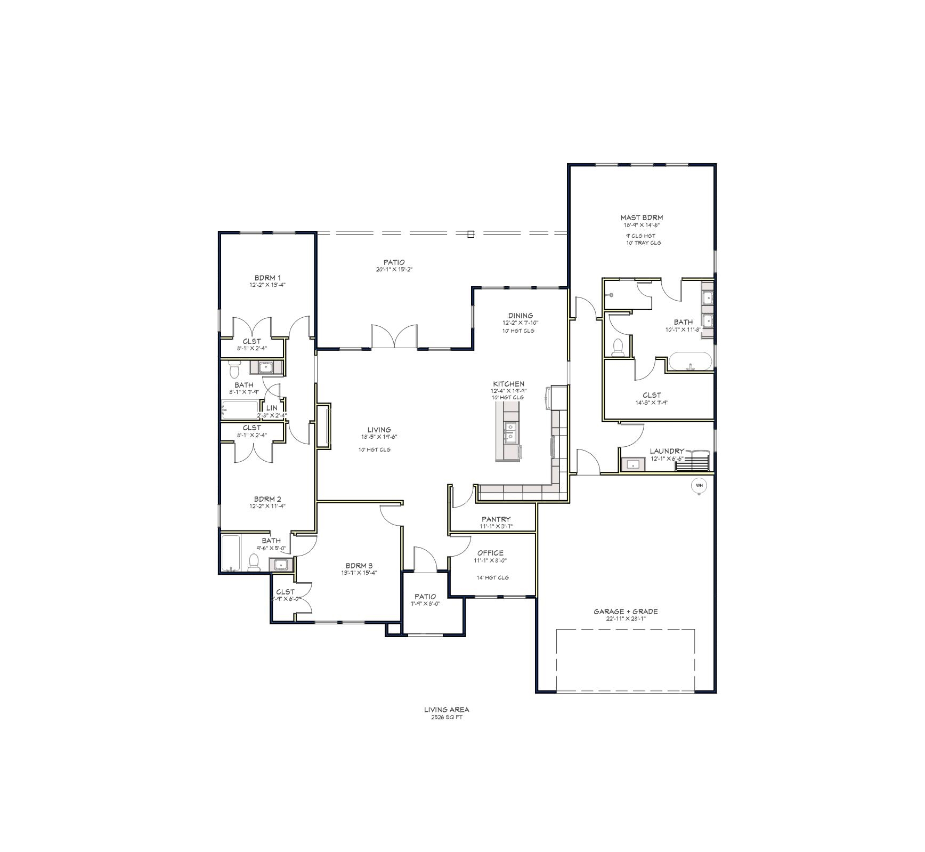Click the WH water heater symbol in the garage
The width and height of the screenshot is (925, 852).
tap(699, 486)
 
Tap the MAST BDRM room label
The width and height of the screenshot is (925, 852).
tap(642, 218)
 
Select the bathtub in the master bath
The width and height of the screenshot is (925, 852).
tap(690, 361)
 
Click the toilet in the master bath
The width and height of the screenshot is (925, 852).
tap(618, 348)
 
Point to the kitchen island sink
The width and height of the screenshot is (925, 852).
tap(510, 432)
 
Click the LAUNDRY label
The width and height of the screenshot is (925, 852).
tap(667, 451)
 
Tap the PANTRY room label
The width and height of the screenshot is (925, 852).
tap(496, 519)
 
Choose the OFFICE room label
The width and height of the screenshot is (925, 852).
tap(490, 553)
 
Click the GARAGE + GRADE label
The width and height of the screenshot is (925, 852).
tap(626, 612)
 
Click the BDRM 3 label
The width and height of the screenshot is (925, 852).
tap(359, 566)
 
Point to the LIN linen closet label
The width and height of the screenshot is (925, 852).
tap(272, 408)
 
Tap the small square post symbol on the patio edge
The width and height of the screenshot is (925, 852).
tap(470, 234)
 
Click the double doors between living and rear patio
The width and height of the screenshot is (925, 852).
tap(394, 337)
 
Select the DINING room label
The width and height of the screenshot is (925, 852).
tap(520, 316)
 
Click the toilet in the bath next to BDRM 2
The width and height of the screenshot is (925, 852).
tap(254, 562)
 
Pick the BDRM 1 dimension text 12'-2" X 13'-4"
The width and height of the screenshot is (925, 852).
tap(267, 285)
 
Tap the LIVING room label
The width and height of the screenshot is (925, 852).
tap(379, 430)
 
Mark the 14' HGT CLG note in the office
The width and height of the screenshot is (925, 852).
tap(492, 577)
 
